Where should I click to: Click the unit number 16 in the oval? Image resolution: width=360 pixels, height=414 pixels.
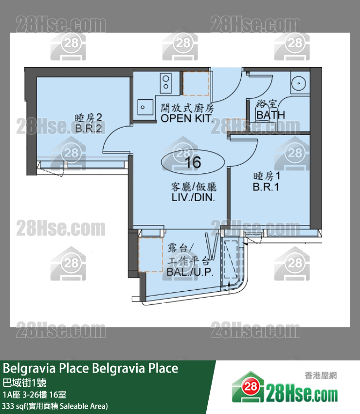(x=193, y=162)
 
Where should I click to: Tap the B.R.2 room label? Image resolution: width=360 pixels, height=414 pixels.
(x=89, y=129)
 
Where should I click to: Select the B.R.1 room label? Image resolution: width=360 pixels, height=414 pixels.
(x=266, y=187)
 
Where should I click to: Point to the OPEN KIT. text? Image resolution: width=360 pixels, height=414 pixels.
(x=186, y=118)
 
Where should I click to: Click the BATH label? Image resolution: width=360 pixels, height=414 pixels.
(x=270, y=115)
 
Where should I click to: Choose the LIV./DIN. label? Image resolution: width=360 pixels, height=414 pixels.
(x=193, y=197)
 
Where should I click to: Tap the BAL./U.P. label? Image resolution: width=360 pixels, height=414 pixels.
(x=190, y=272)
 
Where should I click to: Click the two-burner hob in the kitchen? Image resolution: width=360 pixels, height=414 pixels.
(x=166, y=82)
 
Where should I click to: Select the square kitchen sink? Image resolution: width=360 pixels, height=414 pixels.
(x=145, y=107)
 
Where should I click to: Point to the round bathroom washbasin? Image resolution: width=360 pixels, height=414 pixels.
(x=299, y=83)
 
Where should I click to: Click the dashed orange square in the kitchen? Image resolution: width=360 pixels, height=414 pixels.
(x=196, y=83)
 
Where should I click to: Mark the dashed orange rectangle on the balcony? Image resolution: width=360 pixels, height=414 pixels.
(x=150, y=255)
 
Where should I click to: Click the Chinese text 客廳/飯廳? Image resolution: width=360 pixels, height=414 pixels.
(x=194, y=187)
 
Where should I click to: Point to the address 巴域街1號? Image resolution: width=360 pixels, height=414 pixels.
(x=24, y=382)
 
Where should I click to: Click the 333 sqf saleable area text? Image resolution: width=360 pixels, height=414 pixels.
(x=55, y=406)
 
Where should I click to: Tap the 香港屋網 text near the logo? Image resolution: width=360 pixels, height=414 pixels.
(x=321, y=375)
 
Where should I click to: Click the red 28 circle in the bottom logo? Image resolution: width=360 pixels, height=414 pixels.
(x=250, y=387)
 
